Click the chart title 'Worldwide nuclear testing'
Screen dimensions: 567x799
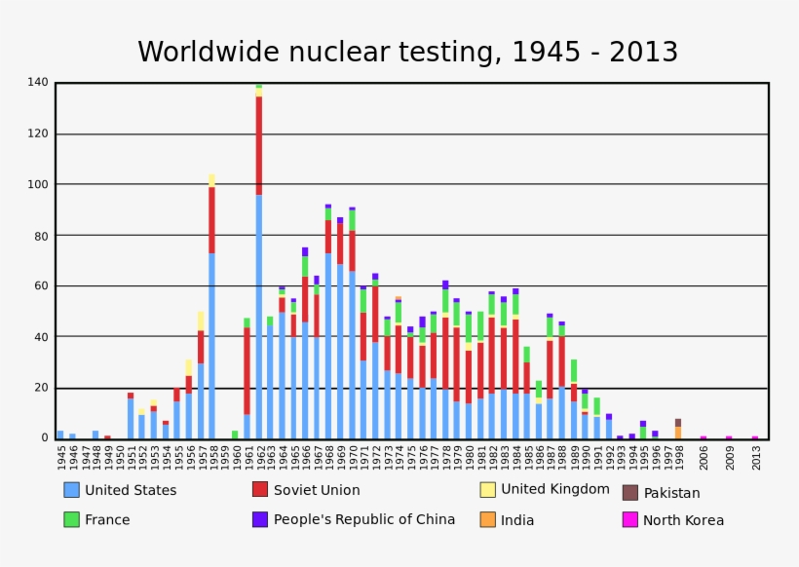coord(407,53)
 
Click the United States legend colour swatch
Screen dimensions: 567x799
coord(71,490)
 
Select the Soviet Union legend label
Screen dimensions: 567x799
coord(317,490)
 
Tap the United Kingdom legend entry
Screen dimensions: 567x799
coord(555,489)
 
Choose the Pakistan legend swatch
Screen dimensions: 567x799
coord(630,493)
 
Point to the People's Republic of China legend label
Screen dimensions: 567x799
coord(364,519)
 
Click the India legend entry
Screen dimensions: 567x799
coord(517,520)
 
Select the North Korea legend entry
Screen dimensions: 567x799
coord(683,520)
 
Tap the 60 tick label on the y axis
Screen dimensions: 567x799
coord(40,286)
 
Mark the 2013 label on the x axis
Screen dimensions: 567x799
coord(756,457)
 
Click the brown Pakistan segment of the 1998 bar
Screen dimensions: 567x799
coord(678,423)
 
